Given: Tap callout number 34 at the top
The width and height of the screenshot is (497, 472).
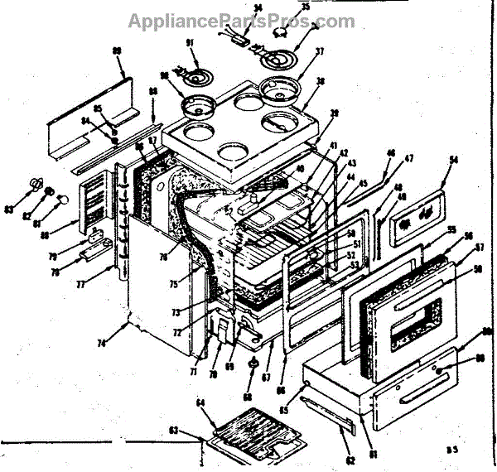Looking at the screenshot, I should tap(234, 8).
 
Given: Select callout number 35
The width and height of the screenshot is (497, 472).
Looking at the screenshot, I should tap(282, 7).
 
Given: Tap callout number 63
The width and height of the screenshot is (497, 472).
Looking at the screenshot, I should tap(174, 430).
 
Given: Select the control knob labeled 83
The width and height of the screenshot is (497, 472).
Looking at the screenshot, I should tap(36, 182).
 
